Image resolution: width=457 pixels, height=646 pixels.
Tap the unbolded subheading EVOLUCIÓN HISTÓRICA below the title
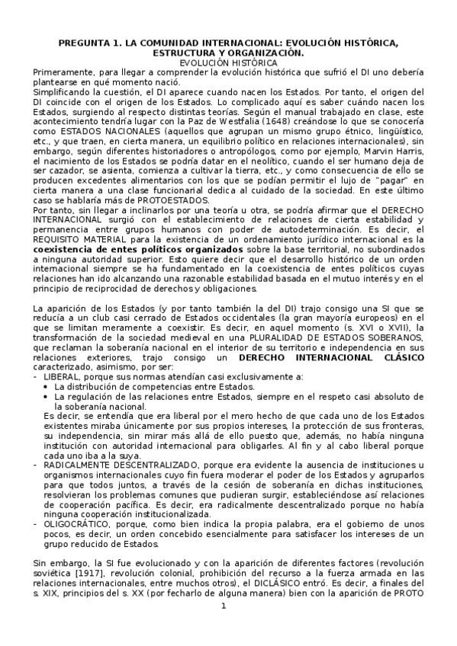[x=228, y=62]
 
